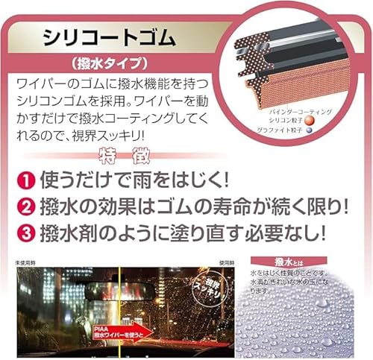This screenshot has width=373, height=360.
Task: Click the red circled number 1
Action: [x=26, y=180]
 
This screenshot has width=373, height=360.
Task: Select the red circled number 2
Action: [x=26, y=206]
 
